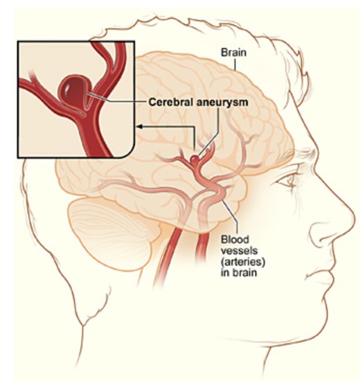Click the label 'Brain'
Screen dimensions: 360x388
[x=233, y=53]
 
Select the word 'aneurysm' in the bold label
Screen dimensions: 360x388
[x=222, y=103]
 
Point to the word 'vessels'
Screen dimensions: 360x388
[x=239, y=251]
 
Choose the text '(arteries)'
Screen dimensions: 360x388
[x=242, y=262]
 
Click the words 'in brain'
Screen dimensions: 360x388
[x=238, y=273]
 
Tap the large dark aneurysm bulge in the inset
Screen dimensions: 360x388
[x=73, y=91]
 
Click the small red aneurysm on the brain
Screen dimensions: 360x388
[x=195, y=160]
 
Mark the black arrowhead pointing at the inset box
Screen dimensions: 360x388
[x=140, y=127]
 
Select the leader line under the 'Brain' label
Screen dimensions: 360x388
[x=235, y=65]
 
